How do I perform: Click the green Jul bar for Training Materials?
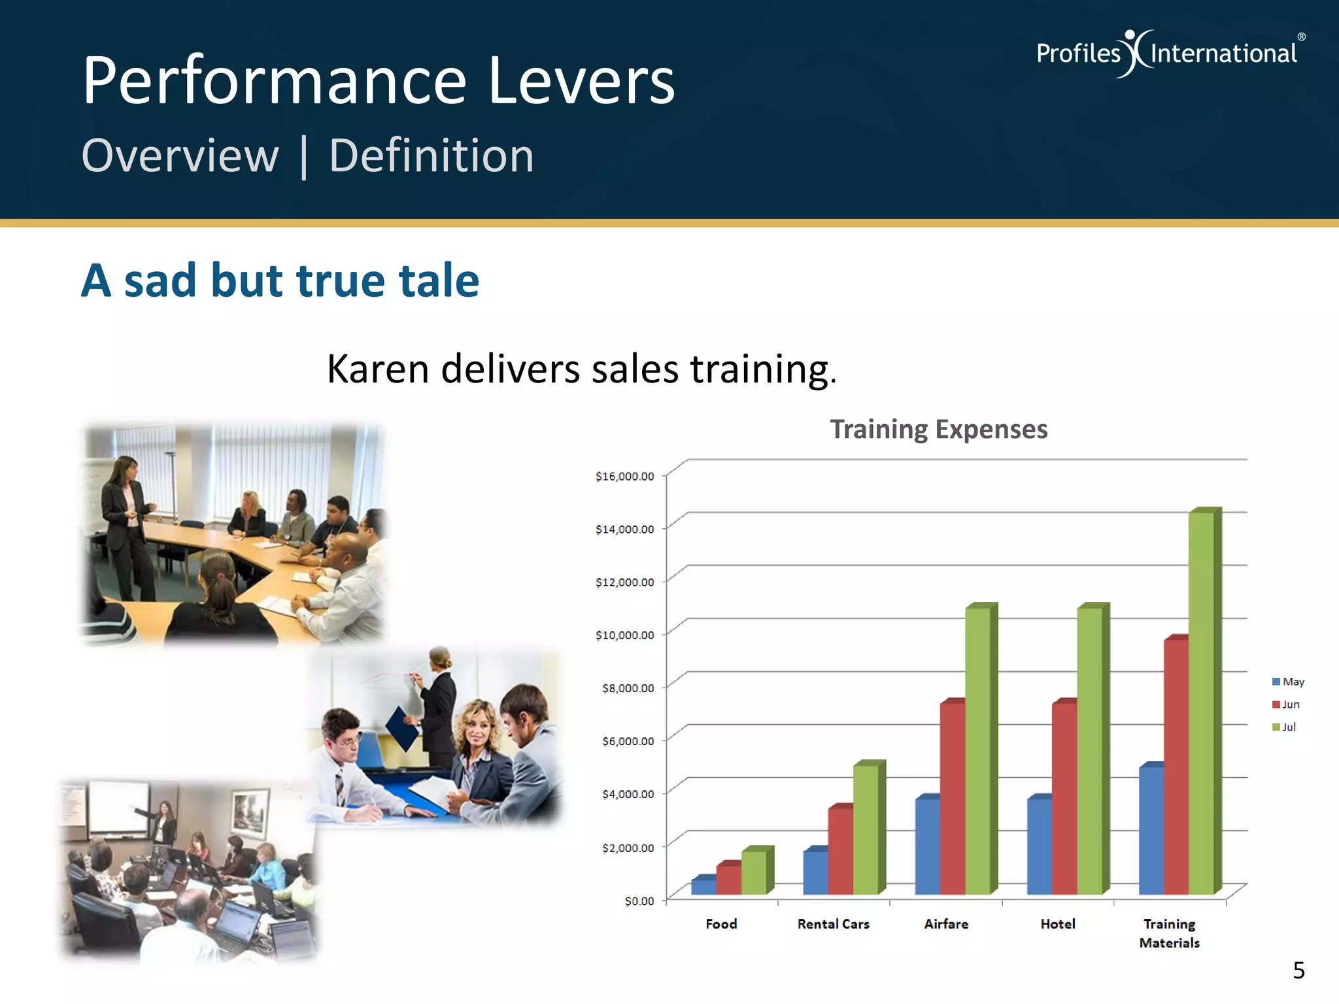tap(1201, 703)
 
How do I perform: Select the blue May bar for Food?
tap(703, 886)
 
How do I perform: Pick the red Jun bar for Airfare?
tap(952, 797)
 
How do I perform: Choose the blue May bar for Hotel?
tap(1039, 846)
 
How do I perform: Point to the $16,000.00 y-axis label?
tap(624, 477)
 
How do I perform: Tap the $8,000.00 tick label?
tap(628, 688)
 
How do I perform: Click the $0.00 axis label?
tap(639, 901)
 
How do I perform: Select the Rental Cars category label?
tap(833, 924)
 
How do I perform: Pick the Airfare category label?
tap(946, 924)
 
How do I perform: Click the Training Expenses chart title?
tap(938, 429)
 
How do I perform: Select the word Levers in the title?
tap(581, 81)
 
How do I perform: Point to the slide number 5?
tap(1298, 971)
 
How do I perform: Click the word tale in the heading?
tap(439, 280)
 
